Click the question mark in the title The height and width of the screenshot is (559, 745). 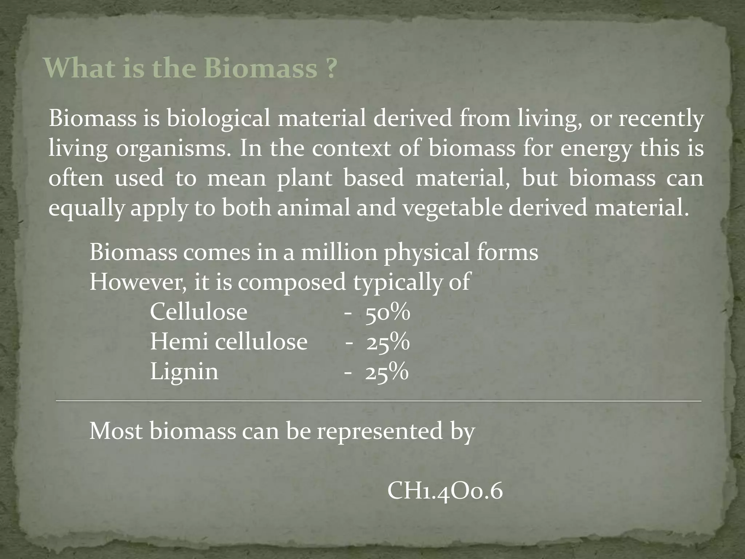tap(330, 68)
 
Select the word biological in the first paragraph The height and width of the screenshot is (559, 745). tap(218, 119)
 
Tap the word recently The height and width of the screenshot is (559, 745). tap(661, 119)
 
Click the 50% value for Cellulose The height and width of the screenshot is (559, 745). tap(388, 312)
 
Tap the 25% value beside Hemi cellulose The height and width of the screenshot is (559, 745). tap(388, 342)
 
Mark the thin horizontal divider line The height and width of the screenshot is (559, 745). tap(378, 401)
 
